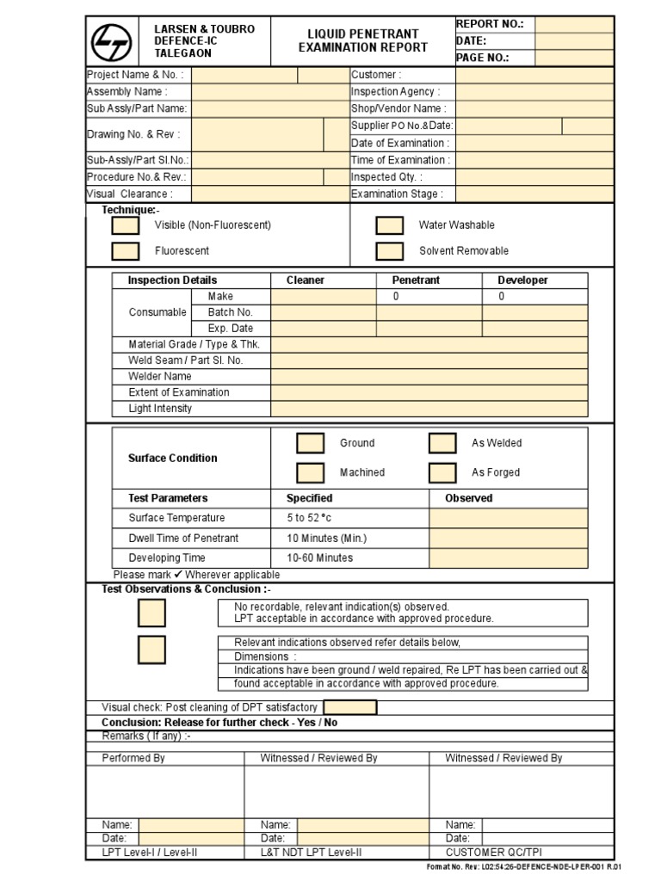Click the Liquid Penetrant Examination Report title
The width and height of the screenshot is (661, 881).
click(x=362, y=40)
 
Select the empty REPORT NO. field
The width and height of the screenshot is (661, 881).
click(x=575, y=24)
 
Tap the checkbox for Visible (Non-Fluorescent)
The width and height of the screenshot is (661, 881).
click(x=126, y=225)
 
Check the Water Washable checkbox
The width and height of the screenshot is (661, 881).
click(x=390, y=225)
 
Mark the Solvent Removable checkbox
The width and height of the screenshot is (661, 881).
click(x=390, y=251)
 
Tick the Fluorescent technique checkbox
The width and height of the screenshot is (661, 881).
click(x=126, y=251)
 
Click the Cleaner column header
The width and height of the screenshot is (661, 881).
click(x=306, y=280)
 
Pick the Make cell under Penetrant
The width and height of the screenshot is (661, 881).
click(x=429, y=297)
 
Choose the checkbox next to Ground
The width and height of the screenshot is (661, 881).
click(x=311, y=444)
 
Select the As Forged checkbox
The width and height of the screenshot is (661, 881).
click(x=442, y=473)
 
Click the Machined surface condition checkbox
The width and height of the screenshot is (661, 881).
click(x=311, y=473)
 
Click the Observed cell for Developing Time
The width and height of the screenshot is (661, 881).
click(x=509, y=558)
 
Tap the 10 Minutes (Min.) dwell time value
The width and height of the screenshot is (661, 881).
click(x=326, y=539)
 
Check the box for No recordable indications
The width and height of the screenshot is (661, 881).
click(x=152, y=613)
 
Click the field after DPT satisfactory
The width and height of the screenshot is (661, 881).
click(x=349, y=707)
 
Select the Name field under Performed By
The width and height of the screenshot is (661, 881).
click(x=191, y=825)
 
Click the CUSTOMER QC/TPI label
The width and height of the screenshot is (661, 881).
click(x=493, y=853)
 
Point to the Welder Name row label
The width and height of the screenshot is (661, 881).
click(x=160, y=377)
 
